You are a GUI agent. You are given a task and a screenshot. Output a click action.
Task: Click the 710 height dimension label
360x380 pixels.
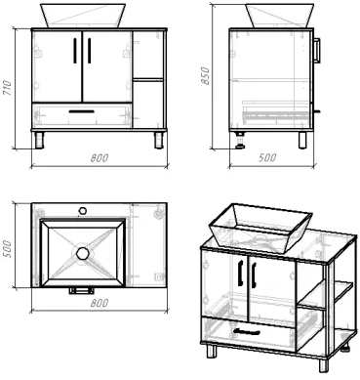pyautogui.click(x=7, y=87)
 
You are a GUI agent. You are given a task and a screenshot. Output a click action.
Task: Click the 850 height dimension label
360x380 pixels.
pyautogui.click(x=206, y=76)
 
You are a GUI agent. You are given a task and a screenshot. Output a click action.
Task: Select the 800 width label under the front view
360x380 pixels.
pyautogui.click(x=100, y=158)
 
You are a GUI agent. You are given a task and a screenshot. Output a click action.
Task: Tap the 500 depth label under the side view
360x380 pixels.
pyautogui.click(x=267, y=157)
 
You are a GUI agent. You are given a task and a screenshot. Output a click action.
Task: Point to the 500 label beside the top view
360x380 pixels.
pyautogui.click(x=7, y=249)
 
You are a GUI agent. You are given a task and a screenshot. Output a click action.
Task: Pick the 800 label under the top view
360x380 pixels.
pyautogui.click(x=100, y=303)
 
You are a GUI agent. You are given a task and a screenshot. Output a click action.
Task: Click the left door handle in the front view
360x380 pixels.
pyautogui.click(x=75, y=50)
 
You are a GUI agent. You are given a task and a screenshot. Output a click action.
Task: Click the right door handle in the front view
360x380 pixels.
pyautogui.click(x=90, y=50)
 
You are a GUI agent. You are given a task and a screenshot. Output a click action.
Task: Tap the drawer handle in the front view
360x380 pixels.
pyautogui.click(x=82, y=111)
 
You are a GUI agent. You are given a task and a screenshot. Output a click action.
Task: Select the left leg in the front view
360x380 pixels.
pyautogui.click(x=39, y=141)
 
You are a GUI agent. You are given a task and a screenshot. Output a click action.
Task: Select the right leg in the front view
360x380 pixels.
pyautogui.click(x=159, y=141)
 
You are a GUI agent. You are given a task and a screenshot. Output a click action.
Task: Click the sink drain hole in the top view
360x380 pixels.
pyautogui.click(x=83, y=253)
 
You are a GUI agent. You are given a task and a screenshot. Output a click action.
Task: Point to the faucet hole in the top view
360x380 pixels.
pyautogui.click(x=83, y=210)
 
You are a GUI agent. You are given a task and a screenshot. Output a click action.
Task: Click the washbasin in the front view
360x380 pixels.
pyautogui.click(x=83, y=16)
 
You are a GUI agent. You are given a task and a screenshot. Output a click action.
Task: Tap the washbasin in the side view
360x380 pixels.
pyautogui.click(x=280, y=16)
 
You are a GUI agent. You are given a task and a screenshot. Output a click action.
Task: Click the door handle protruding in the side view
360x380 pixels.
pyautogui.click(x=317, y=50)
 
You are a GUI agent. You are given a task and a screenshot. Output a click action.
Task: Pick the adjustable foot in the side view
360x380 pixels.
pyautogui.click(x=241, y=141)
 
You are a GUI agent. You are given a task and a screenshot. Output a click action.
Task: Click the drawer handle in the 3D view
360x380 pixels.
pyautogui.click(x=247, y=331)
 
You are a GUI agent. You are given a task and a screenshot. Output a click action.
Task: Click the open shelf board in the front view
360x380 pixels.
pyautogui.click(x=148, y=79)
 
